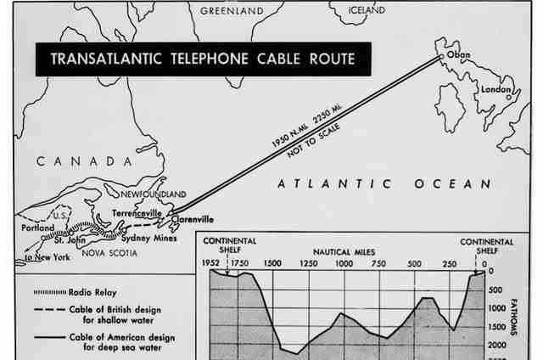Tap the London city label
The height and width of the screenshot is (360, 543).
coord(495,89)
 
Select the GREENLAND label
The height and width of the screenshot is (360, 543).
coord(232,11)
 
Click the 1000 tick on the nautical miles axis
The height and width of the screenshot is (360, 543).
coord(344,263)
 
